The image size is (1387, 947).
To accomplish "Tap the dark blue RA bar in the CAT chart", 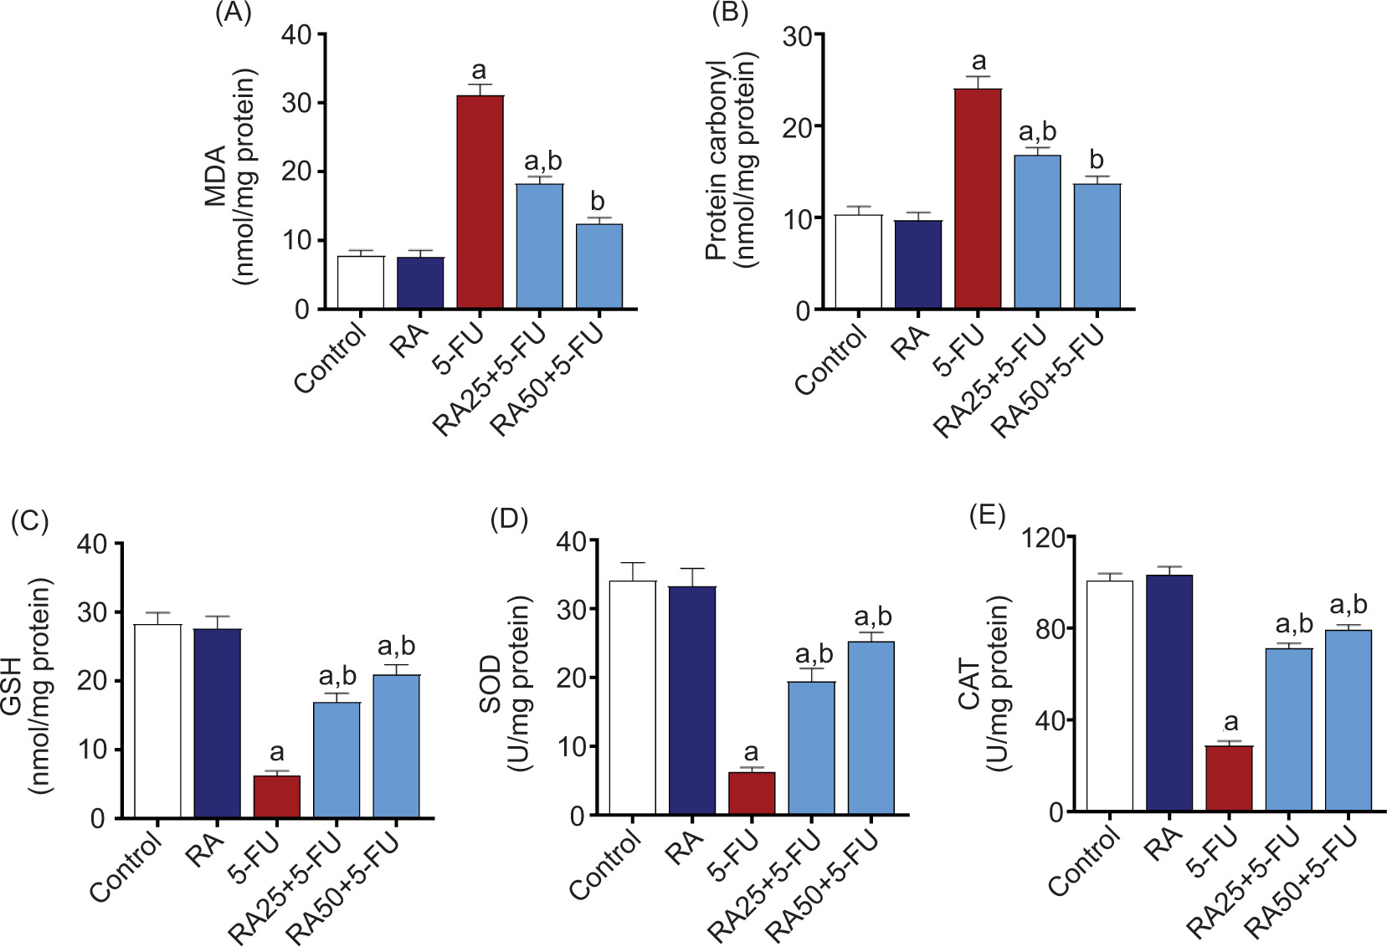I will [1169, 693].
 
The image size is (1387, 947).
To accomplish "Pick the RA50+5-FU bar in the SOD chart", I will [871, 728].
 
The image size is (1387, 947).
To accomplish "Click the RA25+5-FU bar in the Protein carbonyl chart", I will [1037, 232].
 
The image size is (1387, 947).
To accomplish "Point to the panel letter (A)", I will [234, 14].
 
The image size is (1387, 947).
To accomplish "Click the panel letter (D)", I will [509, 519].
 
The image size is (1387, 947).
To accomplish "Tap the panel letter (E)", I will [988, 515].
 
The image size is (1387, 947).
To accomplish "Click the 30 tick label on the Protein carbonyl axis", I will [797, 36].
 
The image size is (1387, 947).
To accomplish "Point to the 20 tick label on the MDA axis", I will [296, 171].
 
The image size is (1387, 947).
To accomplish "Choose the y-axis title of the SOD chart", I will [505, 684].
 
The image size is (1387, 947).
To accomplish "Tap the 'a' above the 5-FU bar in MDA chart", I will [479, 70].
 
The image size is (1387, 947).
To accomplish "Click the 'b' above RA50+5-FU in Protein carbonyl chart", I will [1097, 159].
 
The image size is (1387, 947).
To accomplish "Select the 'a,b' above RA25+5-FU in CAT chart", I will [1293, 624].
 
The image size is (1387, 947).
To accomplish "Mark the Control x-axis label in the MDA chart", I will [331, 360].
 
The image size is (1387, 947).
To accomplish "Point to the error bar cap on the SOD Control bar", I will [633, 563].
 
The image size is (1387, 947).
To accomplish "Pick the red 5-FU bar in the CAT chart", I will [1229, 778].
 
